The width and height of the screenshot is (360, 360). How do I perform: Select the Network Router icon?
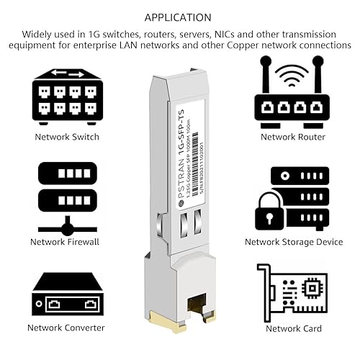click(292, 94)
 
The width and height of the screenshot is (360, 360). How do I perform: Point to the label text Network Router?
click(292, 136)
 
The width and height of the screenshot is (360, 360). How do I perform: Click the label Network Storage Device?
click(292, 242)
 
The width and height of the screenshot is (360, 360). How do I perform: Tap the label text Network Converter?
click(66, 328)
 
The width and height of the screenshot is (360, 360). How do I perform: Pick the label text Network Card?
click(292, 328)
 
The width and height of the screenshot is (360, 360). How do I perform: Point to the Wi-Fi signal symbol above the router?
click(292, 74)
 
